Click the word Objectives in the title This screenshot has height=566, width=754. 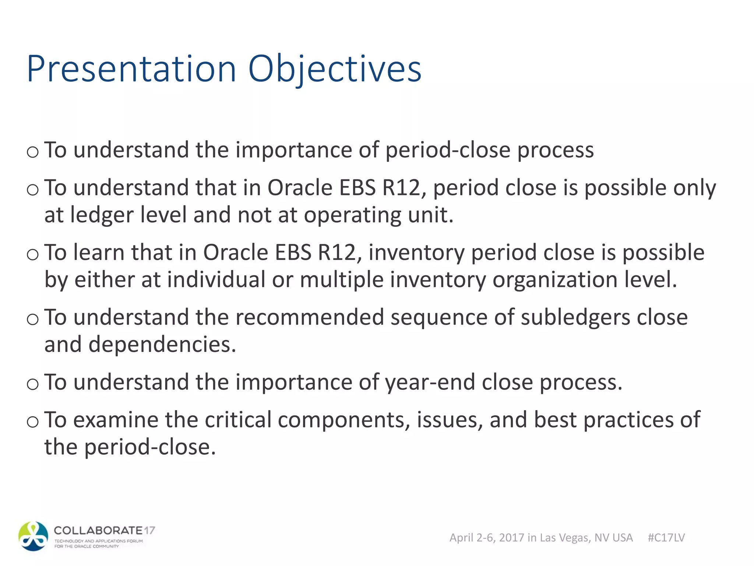335,69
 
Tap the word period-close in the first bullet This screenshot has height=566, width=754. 448,150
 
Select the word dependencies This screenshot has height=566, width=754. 162,345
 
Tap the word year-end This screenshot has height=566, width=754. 430,382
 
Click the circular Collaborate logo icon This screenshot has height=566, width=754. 34,536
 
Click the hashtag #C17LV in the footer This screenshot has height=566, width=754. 666,538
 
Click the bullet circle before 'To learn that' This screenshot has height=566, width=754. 33,254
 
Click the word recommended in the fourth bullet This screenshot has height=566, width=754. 310,318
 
